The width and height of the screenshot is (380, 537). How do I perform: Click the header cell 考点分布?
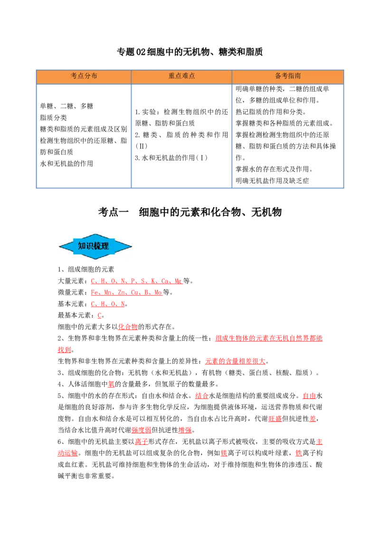click(84, 76)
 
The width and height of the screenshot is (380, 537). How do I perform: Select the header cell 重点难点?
click(181, 76)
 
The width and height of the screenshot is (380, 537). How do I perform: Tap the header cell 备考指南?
click(288, 76)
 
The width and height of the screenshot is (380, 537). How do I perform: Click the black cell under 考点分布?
click(83, 136)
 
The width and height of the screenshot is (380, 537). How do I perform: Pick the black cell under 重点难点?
click(180, 136)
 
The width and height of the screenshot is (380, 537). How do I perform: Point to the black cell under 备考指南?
click(289, 136)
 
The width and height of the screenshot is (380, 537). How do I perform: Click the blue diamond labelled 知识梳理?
click(95, 246)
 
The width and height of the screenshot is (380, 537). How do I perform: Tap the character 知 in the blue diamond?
click(82, 246)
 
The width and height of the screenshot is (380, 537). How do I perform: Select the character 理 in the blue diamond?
click(105, 246)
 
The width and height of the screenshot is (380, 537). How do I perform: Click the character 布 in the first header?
click(94, 76)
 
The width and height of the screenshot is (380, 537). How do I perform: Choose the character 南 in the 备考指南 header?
click(297, 76)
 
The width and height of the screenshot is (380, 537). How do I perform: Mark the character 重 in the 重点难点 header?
click(171, 76)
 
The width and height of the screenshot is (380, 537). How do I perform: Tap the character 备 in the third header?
click(278, 76)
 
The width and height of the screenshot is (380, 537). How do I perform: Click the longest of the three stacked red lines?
click(135, 281)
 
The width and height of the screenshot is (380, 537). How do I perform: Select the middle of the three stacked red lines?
click(126, 292)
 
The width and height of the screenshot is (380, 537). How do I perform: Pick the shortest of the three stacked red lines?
click(107, 304)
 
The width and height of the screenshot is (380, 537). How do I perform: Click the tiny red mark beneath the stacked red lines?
click(99, 316)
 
